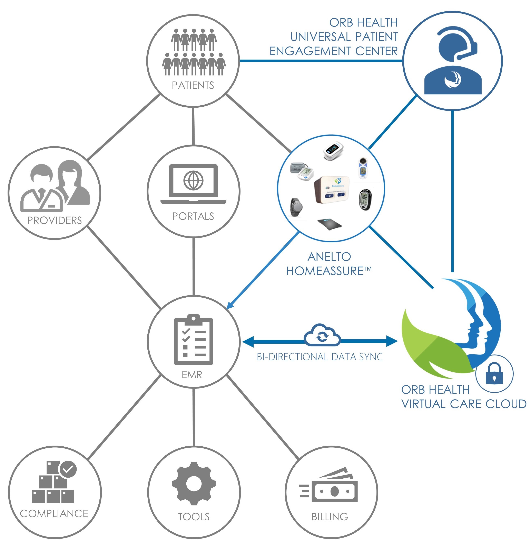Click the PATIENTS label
point(193,85)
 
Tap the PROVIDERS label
point(55,220)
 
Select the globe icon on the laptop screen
point(193,180)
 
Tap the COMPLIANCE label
point(54,513)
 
